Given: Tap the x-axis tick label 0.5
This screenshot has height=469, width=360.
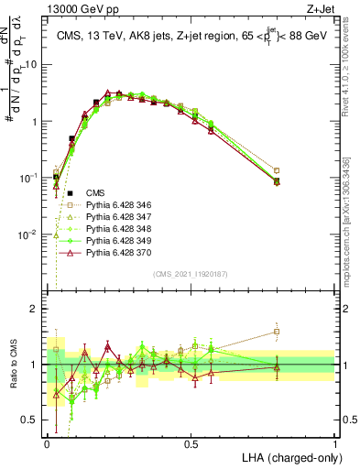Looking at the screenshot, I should pyautogui.click(x=191, y=443).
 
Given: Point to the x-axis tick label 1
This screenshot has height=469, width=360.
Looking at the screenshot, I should pyautogui.click(x=335, y=443).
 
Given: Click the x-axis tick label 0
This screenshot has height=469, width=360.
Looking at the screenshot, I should pyautogui.click(x=47, y=443).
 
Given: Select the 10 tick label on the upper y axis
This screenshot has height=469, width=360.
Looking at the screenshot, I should pyautogui.click(x=33, y=64).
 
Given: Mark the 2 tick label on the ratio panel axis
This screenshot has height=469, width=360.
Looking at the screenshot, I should pyautogui.click(x=35, y=309).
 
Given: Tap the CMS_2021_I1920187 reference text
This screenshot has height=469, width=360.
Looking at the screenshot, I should pyautogui.click(x=191, y=274).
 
